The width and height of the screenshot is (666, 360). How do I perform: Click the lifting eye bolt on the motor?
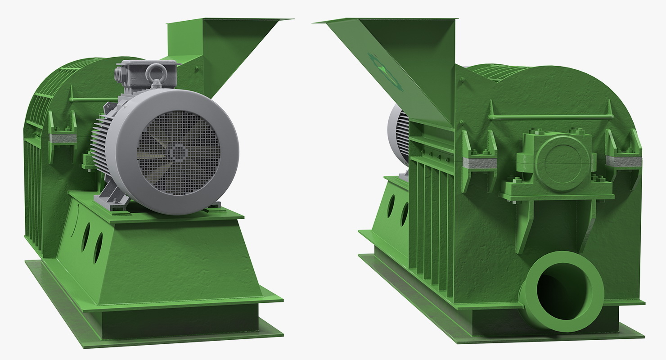(x=159, y=72)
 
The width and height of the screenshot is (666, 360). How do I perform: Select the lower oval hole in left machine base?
(x=98, y=248)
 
